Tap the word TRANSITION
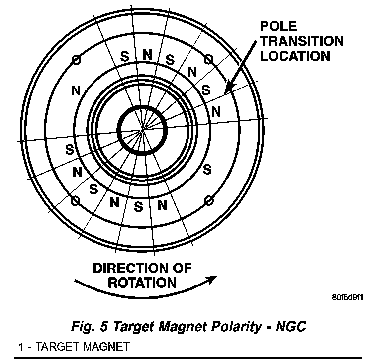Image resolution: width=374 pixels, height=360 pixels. pyautogui.click(x=302, y=41)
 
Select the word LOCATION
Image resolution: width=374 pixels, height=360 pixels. pyautogui.click(x=295, y=56)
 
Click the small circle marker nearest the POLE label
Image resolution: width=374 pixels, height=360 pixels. pyautogui.click(x=209, y=60)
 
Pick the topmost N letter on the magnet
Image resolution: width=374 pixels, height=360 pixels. pyautogui.click(x=147, y=55)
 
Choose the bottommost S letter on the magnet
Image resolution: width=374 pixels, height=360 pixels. pyautogui.click(x=139, y=205)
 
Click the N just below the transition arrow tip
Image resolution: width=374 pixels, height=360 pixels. pyautogui.click(x=216, y=111)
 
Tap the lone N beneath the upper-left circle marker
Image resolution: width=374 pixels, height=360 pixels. pyautogui.click(x=76, y=91)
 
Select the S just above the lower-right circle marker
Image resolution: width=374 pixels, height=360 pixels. pyautogui.click(x=208, y=170)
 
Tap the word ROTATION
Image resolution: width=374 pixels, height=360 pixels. pyautogui.click(x=142, y=283)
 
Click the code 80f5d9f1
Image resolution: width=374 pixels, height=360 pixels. pyautogui.click(x=348, y=298)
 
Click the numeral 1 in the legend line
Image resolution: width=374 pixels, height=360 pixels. pyautogui.click(x=21, y=346)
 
